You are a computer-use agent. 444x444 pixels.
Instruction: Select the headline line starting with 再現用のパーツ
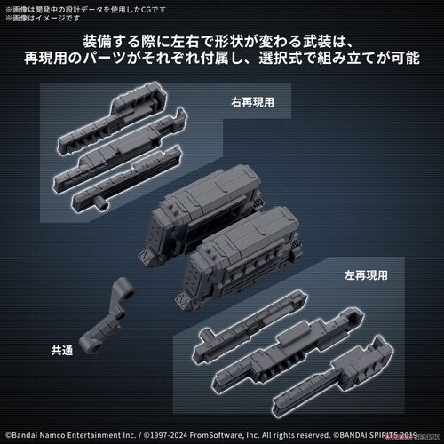tap(221, 64)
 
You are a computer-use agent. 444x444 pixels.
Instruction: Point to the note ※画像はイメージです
tap(40, 16)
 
